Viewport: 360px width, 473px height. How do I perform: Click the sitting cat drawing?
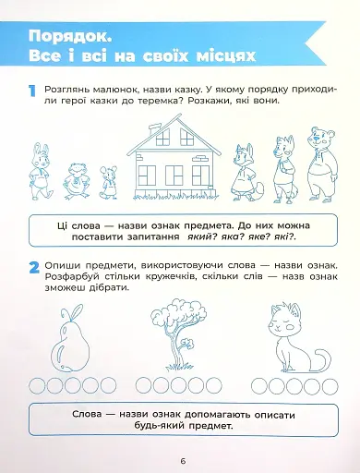click(x=284, y=336)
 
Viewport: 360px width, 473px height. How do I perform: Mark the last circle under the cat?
click(x=324, y=382)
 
